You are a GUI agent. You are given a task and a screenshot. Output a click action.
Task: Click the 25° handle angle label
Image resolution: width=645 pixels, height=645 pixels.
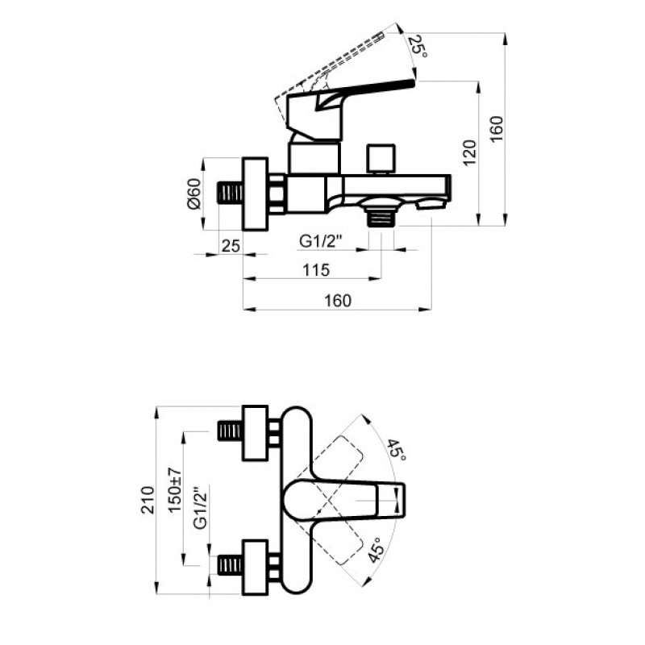(x=418, y=46)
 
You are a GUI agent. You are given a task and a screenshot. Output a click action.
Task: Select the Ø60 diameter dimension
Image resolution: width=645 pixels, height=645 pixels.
(x=194, y=193)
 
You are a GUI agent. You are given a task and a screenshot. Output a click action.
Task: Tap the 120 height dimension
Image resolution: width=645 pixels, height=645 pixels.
(x=469, y=152)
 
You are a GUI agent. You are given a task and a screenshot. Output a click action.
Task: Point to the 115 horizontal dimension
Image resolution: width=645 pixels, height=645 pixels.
(x=316, y=270)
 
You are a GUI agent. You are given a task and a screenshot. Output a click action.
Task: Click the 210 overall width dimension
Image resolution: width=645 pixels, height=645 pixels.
(x=148, y=500)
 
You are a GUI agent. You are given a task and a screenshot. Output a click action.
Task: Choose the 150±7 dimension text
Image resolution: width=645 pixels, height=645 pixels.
(x=175, y=489)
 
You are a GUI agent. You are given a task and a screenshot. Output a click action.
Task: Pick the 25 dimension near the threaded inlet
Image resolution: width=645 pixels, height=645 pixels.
(x=231, y=246)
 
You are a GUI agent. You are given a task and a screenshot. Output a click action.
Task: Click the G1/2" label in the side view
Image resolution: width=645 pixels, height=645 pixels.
(x=321, y=241)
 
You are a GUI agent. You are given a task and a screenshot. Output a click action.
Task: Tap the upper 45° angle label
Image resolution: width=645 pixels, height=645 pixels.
(x=397, y=450)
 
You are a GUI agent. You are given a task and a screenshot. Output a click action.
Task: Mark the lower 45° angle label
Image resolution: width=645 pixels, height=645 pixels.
(x=376, y=550)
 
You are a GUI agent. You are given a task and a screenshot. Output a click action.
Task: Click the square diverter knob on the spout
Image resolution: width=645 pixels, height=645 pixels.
(x=381, y=159)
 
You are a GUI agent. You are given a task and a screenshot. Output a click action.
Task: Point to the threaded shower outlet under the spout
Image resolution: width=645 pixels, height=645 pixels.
(x=381, y=217)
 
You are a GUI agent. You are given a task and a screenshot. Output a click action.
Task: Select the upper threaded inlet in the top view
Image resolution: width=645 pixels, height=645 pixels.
(x=230, y=431)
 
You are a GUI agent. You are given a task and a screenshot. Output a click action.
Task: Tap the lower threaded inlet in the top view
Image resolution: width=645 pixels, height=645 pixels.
(x=230, y=566)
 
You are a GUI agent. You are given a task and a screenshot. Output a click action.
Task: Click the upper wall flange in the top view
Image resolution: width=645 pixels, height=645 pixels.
(x=256, y=433)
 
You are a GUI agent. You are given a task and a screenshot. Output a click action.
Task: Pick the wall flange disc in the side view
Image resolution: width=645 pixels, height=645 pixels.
(x=256, y=193)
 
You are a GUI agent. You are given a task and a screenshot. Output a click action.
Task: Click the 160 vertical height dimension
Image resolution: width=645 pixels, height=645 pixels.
(x=497, y=129)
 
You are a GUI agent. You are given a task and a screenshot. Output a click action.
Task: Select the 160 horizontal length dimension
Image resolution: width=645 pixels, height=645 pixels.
(x=338, y=301)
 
